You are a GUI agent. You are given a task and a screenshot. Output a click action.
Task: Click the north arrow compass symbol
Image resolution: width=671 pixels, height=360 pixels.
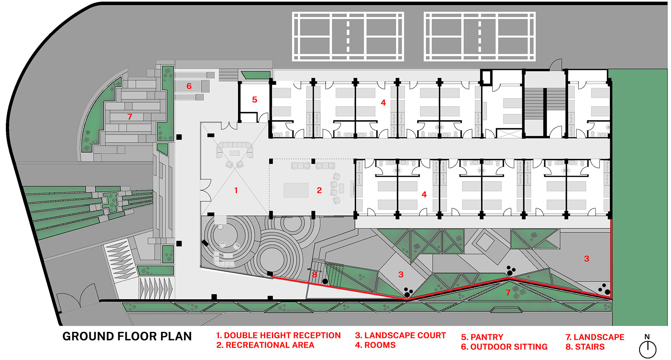pyautogui.click(x=648, y=349)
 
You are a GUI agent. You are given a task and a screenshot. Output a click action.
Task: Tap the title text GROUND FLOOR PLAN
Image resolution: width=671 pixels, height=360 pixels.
pyautogui.click(x=127, y=336)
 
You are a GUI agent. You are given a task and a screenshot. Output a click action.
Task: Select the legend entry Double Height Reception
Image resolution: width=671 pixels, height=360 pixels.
pyautogui.click(x=279, y=336)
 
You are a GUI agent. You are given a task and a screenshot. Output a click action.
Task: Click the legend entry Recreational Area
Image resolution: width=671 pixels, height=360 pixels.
pyautogui.click(x=265, y=345)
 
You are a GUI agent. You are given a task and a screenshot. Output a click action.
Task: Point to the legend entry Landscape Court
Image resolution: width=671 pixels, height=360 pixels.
pyautogui.click(x=401, y=336)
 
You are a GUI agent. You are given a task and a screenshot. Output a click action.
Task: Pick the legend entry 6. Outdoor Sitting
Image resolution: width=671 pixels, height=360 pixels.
pyautogui.click(x=504, y=347)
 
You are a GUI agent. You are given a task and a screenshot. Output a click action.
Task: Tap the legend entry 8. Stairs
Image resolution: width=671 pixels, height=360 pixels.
pyautogui.click(x=585, y=347)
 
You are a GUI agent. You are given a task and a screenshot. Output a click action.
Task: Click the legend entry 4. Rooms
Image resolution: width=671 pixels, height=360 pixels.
pyautogui.click(x=375, y=345)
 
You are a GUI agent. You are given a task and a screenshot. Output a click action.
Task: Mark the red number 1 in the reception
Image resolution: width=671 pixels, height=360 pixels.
pyautogui.click(x=236, y=190)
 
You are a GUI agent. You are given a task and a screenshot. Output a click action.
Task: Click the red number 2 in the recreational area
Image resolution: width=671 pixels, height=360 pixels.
pyautogui.click(x=319, y=190)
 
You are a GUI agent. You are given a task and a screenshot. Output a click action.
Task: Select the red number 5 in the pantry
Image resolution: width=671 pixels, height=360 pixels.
pyautogui.click(x=255, y=99)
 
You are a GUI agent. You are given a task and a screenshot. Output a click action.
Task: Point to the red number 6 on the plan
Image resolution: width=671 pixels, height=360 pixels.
pyautogui.click(x=189, y=86)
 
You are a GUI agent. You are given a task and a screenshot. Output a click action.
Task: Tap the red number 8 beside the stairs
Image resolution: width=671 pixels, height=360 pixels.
pyautogui.click(x=315, y=274)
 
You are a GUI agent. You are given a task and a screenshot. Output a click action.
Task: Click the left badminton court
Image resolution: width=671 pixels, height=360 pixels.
pyautogui.click(x=348, y=37)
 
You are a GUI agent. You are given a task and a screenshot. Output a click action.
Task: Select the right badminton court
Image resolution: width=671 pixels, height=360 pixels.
pyautogui.click(x=480, y=37)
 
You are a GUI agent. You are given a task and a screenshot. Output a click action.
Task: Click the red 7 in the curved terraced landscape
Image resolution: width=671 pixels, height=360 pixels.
pyautogui.click(x=130, y=117)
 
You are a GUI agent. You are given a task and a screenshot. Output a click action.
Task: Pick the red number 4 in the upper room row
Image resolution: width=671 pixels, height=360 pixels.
pyautogui.click(x=383, y=103)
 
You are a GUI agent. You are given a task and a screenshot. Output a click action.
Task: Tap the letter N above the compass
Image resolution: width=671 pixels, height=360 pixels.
pyautogui.click(x=647, y=337)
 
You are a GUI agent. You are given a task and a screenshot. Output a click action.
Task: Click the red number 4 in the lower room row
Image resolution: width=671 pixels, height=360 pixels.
pyautogui.click(x=424, y=195)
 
